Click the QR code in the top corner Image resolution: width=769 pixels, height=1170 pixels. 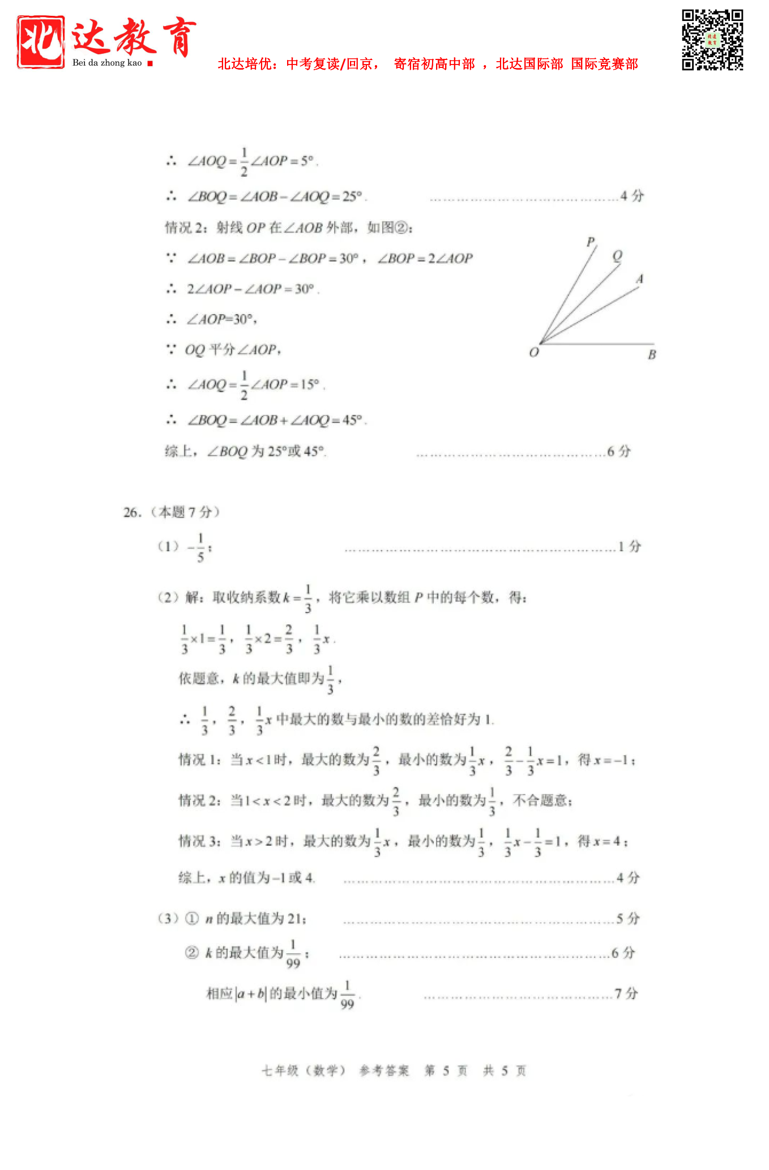click(712, 40)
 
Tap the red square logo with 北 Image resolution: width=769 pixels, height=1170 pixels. click(40, 42)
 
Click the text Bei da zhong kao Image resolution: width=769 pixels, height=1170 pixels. click(107, 63)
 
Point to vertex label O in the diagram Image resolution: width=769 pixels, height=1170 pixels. click(533, 353)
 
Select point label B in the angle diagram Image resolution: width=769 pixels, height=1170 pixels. click(652, 355)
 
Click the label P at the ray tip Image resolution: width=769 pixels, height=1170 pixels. click(591, 242)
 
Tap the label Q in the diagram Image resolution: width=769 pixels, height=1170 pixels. click(617, 255)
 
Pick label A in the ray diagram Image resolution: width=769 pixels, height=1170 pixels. click(640, 279)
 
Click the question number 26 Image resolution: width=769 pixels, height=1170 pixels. click(131, 512)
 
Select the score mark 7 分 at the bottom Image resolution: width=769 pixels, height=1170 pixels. click(626, 993)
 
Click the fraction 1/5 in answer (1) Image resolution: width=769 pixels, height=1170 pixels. click(200, 547)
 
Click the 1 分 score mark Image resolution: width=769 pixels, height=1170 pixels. click(630, 546)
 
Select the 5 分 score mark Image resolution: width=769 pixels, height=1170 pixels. click(628, 918)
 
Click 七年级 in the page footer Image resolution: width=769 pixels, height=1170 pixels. click(280, 1070)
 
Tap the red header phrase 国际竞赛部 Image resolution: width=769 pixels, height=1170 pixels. click(604, 64)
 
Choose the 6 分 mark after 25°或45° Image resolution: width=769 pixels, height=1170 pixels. click(619, 451)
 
